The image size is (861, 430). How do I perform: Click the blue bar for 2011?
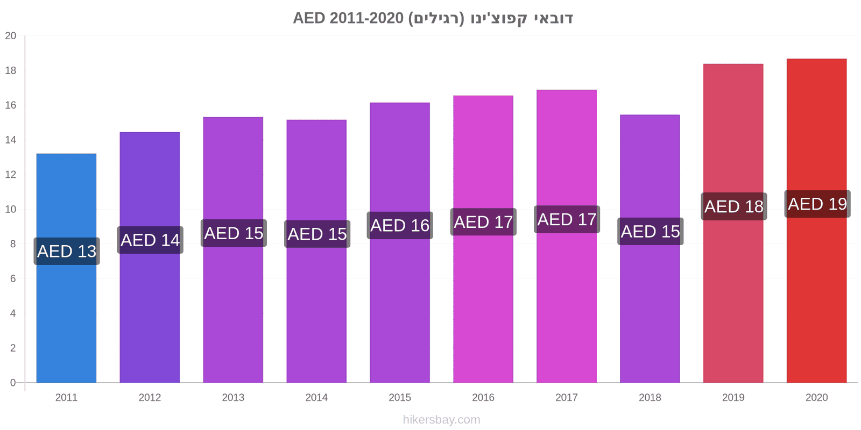click(x=67, y=268)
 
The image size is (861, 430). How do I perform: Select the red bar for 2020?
click(x=816, y=220)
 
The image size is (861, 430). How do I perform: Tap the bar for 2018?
click(x=650, y=248)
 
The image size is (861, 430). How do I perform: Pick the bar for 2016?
click(x=483, y=239)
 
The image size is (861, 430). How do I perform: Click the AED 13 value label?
click(x=67, y=251)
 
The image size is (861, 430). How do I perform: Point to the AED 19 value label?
click(x=817, y=204)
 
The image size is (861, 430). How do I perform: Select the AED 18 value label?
click(x=734, y=206)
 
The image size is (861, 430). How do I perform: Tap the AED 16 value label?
click(x=400, y=225)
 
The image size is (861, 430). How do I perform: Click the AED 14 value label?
click(x=150, y=240)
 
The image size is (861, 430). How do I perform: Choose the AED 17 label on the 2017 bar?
click(x=567, y=219)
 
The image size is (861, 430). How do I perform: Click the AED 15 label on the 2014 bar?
click(x=317, y=234)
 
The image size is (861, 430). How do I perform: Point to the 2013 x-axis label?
click(x=233, y=397)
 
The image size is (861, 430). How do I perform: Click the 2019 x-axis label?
click(x=733, y=397)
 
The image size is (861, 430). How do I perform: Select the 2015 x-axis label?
click(x=400, y=397)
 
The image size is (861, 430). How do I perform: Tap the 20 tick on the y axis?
click(x=11, y=35)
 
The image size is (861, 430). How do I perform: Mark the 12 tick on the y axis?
click(x=11, y=175)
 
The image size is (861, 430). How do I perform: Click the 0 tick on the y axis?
click(x=13, y=383)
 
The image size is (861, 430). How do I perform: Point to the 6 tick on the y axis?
click(x=13, y=279)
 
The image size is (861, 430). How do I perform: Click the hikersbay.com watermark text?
click(x=441, y=420)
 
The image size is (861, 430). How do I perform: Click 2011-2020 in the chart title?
click(x=366, y=18)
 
